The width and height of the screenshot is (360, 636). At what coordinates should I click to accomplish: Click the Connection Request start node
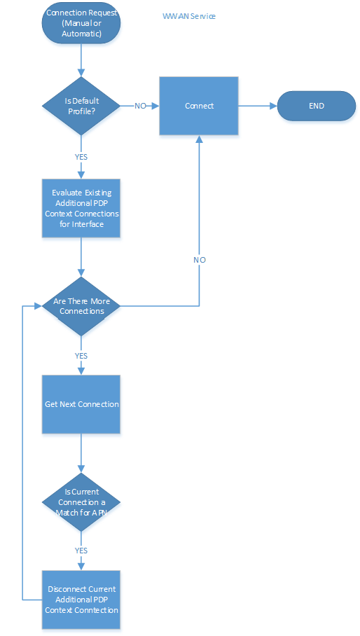(81, 22)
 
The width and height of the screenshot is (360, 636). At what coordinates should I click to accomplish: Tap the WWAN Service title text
(188, 16)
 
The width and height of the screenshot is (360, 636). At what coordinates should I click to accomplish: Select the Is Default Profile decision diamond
(81, 106)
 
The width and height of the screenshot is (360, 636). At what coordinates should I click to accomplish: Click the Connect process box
(200, 106)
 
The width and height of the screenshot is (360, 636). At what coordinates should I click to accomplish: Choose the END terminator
(317, 106)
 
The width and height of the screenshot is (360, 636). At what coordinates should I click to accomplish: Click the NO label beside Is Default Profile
(140, 106)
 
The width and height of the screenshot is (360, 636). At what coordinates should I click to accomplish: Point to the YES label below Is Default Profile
(81, 157)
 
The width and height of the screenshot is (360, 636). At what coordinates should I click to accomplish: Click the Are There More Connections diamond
(81, 305)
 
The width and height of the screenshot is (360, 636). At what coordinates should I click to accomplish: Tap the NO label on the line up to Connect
(200, 260)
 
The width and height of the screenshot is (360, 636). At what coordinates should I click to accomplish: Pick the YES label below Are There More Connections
(81, 356)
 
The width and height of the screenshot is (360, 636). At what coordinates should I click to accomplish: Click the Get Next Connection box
(81, 404)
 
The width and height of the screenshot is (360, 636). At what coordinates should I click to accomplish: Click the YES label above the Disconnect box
(81, 551)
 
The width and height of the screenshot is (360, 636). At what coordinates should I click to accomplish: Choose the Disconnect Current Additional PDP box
(81, 600)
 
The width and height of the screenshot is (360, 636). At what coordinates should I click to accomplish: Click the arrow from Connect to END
(258, 106)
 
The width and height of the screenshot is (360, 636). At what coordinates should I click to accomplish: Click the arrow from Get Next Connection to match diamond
(81, 452)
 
